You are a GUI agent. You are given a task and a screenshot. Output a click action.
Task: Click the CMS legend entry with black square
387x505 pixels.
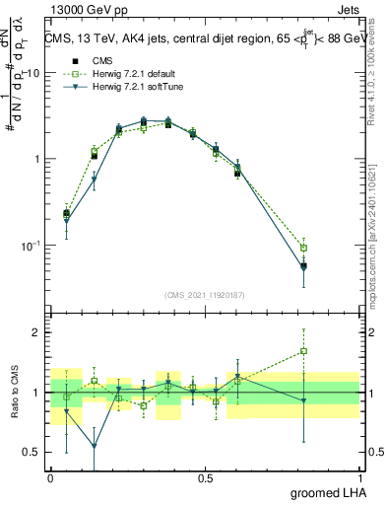pyautogui.click(x=98, y=59)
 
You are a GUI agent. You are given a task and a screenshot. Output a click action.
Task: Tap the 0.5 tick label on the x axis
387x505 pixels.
pyautogui.click(x=205, y=477)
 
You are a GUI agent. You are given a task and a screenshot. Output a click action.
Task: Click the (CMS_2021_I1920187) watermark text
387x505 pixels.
pyautogui.click(x=205, y=294)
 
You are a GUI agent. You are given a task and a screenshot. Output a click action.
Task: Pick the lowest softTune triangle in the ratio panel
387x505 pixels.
pyautogui.click(x=95, y=446)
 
